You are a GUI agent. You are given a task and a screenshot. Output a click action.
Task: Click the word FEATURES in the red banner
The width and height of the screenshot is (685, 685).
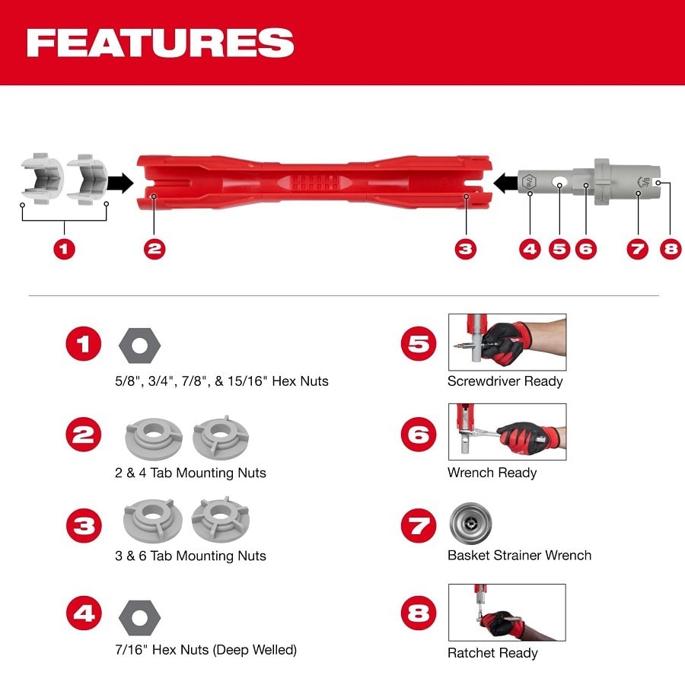[x=160, y=43]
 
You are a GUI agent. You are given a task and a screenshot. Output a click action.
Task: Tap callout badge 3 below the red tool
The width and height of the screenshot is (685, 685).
[x=465, y=249]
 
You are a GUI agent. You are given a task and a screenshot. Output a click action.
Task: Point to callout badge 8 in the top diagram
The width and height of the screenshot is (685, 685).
[x=671, y=249]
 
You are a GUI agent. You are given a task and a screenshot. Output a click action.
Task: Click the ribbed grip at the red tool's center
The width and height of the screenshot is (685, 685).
[x=314, y=183]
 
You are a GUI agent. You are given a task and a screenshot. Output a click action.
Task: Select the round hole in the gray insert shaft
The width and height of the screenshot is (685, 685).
[x=559, y=183]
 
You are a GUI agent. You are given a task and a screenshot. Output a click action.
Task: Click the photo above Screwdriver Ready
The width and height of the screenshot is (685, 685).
[x=506, y=341]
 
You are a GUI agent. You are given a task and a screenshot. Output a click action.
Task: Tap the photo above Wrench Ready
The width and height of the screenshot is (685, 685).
[x=506, y=432]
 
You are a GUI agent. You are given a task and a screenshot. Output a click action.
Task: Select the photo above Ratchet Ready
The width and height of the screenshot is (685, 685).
[x=506, y=613]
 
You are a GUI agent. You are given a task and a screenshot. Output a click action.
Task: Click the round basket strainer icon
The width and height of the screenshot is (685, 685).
[x=470, y=524]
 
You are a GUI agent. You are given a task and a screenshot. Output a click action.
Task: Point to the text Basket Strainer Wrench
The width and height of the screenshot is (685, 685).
[x=519, y=556]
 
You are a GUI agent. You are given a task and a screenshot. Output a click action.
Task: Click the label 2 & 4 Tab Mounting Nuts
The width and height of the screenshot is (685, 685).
[x=190, y=473]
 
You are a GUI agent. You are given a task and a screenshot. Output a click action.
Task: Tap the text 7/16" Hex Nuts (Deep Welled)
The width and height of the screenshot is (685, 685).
[x=205, y=650]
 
